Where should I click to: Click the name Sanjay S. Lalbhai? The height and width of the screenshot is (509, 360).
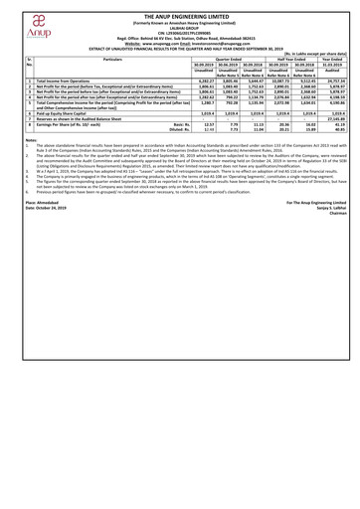click(x=336, y=289)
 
